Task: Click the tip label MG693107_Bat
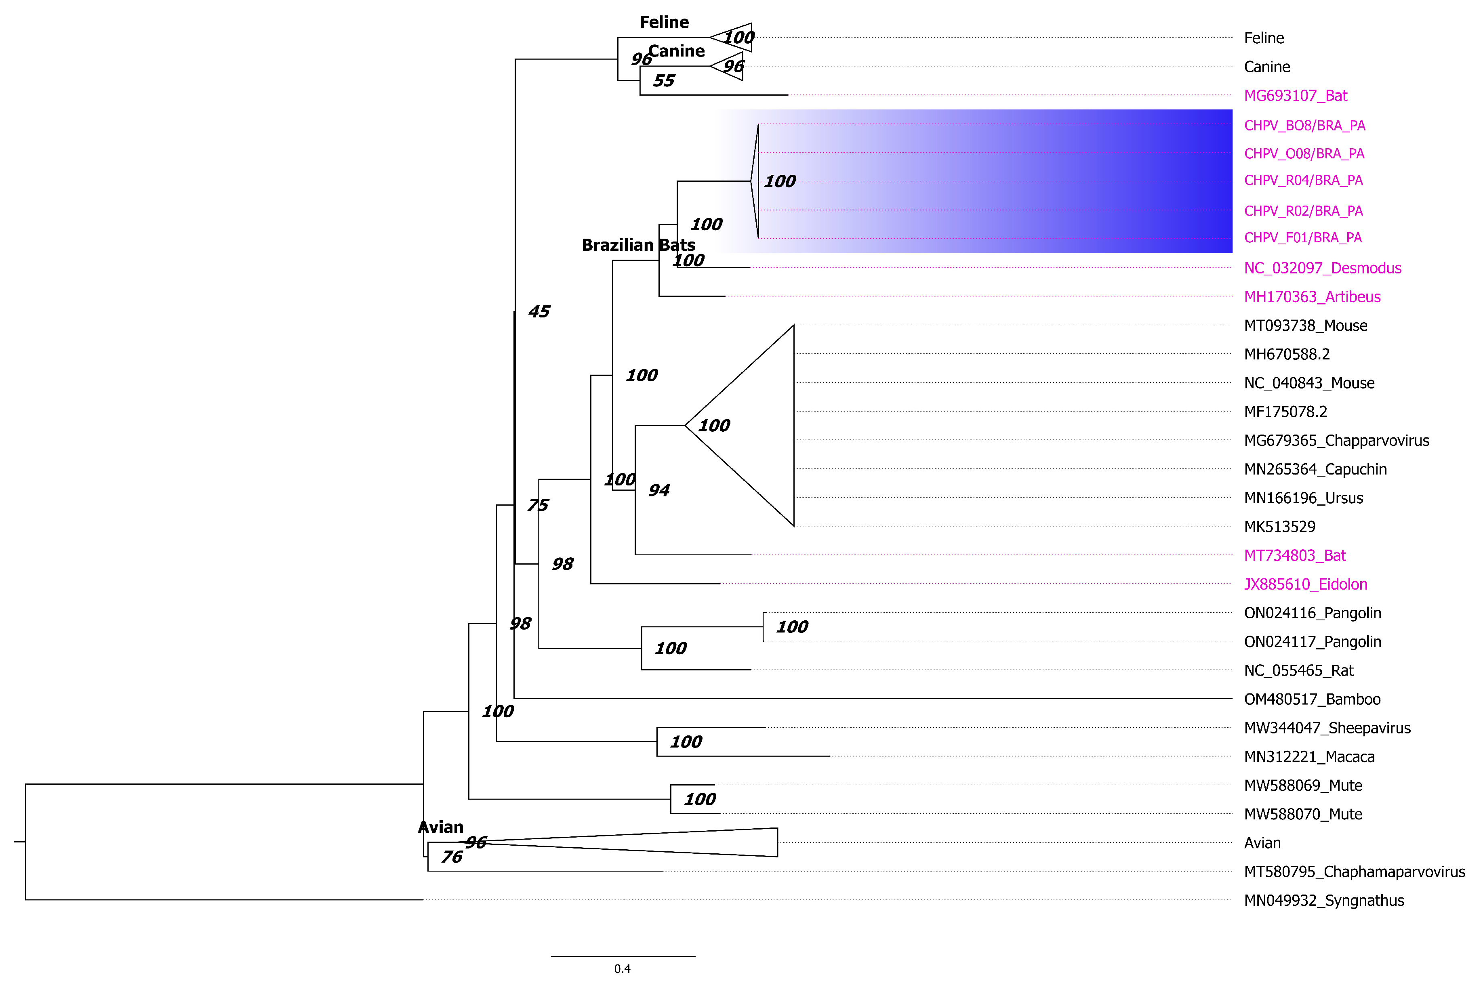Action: (x=1295, y=95)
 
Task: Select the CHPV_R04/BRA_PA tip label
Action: (x=1303, y=180)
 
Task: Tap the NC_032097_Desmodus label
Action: (x=1322, y=268)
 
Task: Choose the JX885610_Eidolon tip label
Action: (x=1305, y=584)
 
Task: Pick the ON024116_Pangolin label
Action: (x=1312, y=613)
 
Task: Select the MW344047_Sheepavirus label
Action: (x=1327, y=728)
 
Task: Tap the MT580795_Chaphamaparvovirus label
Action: (x=1354, y=872)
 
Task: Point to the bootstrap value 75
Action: (x=538, y=505)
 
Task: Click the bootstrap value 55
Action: (x=664, y=80)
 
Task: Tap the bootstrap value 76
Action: (x=452, y=857)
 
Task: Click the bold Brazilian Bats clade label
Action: (x=638, y=245)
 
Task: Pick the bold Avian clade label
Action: (x=440, y=827)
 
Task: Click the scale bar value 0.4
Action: (x=622, y=969)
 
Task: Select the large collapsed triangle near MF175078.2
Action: (x=754, y=425)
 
